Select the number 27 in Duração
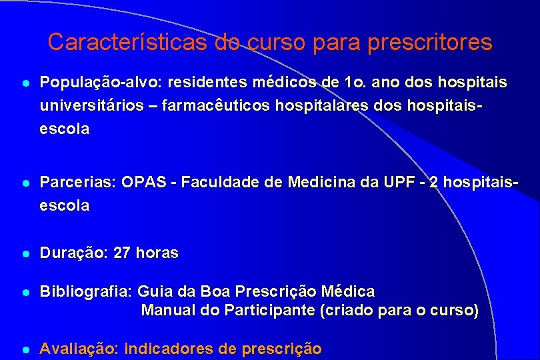point(123,253)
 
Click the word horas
point(157,253)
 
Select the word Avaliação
point(79,349)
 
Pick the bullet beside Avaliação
point(25,349)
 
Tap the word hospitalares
point(302,105)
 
